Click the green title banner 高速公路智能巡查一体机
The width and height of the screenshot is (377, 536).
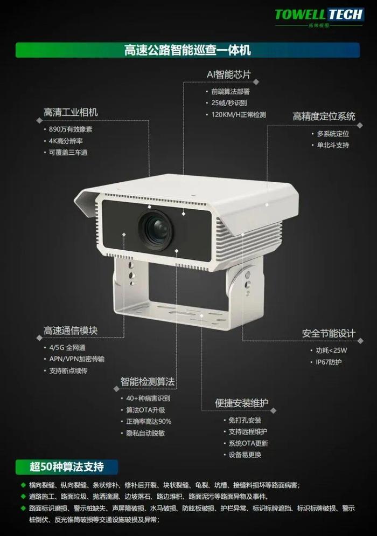coord(187,50)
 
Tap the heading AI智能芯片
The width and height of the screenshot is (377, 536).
coord(229,74)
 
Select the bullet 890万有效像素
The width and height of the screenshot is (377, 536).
coord(71,129)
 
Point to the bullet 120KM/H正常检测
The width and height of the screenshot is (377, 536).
coord(239,114)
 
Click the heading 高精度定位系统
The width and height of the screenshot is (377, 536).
coord(324,116)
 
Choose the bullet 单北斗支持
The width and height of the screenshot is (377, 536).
coord(333,145)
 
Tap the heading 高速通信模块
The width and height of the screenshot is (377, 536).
coord(71,331)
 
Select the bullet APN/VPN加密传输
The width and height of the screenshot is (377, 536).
coord(77,359)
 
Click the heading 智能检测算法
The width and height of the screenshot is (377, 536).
coord(147,381)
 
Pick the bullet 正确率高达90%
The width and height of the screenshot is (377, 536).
coord(149,422)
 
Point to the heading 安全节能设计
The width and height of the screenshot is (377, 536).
coord(329,333)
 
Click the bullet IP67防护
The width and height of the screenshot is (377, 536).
coord(329,362)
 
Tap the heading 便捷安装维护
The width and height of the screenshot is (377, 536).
coord(241,403)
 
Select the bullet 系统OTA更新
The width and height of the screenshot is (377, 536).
coord(248,443)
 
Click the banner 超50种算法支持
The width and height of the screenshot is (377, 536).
coord(67,466)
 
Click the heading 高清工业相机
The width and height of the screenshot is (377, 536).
coord(71,112)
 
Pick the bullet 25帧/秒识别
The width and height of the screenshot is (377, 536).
coord(229,103)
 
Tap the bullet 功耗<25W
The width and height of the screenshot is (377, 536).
coord(331,351)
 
